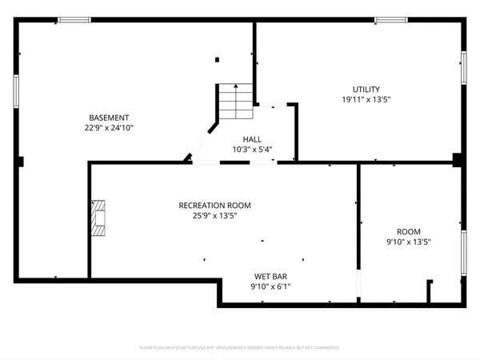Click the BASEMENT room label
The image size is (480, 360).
(x=109, y=118)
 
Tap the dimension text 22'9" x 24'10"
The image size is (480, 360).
(x=109, y=128)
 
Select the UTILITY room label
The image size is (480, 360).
(x=366, y=89)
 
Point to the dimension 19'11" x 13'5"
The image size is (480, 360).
(x=366, y=99)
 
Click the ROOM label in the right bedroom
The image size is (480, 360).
(x=408, y=231)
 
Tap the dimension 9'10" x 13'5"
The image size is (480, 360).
(x=408, y=242)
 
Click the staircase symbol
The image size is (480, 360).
(x=236, y=101)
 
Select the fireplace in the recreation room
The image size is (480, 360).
(x=98, y=218)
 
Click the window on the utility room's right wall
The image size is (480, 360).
(x=463, y=67)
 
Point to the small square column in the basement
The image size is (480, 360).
(x=217, y=58)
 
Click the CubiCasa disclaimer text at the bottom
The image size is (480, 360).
(x=240, y=348)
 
